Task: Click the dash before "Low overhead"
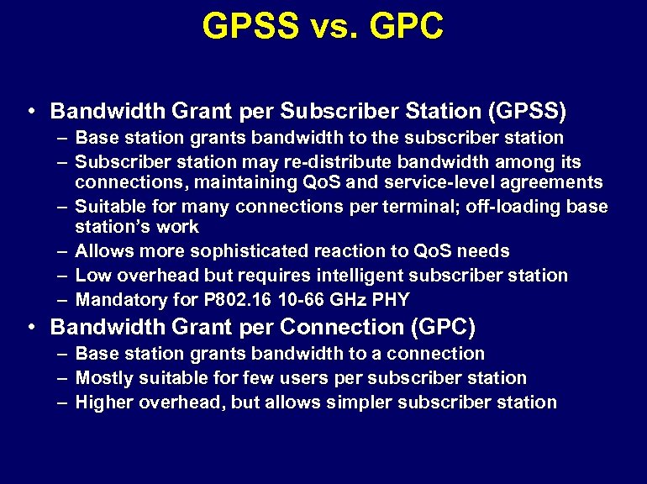(63, 276)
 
